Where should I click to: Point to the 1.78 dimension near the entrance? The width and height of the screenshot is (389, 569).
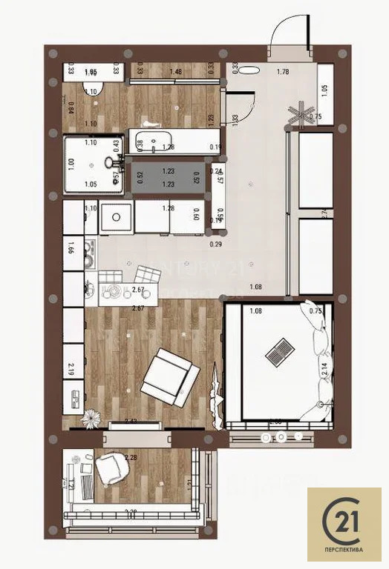pyautogui.click(x=282, y=72)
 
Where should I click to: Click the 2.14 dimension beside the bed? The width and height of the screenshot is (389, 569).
pyautogui.click(x=324, y=365)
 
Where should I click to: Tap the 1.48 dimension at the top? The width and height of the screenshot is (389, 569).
pyautogui.click(x=176, y=71)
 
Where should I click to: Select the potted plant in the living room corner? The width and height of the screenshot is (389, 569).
pyautogui.click(x=91, y=419)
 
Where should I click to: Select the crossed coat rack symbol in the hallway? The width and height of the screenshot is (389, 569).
pyautogui.click(x=301, y=113)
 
